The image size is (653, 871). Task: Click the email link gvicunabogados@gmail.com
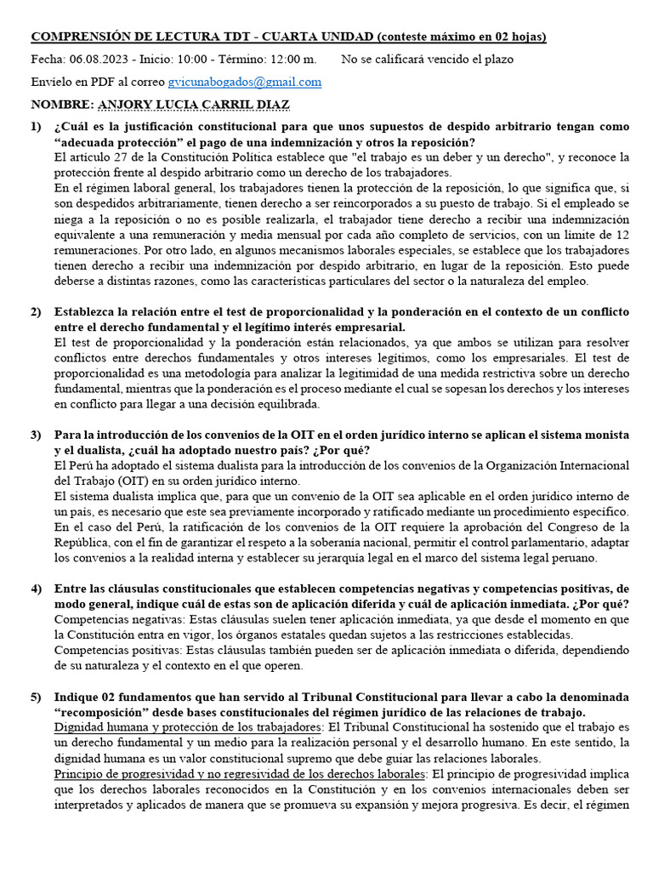tap(244, 82)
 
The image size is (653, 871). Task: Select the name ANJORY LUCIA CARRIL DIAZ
tap(195, 104)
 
